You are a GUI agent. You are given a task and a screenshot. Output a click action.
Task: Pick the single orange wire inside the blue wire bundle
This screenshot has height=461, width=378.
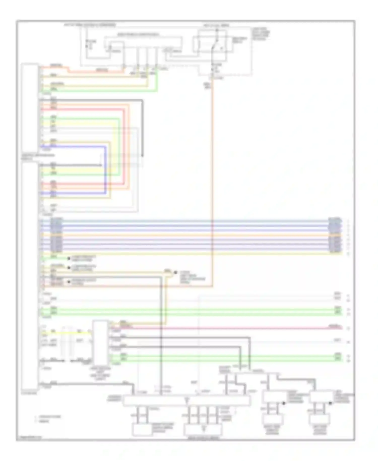[x=192, y=235]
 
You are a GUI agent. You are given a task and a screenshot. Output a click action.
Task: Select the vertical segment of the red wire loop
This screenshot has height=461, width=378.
[x=124, y=146]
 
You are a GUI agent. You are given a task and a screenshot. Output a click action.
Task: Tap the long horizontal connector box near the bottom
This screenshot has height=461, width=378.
[x=186, y=400]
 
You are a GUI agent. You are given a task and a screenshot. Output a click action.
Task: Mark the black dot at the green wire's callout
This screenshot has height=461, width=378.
[x=69, y=258]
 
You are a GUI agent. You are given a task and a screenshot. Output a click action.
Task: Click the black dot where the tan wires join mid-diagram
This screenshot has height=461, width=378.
[x=175, y=273]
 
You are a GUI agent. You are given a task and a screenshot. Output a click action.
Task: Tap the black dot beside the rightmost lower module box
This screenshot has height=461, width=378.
[x=330, y=403]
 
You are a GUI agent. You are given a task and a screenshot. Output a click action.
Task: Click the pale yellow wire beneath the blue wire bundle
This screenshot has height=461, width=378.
[x=192, y=253]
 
